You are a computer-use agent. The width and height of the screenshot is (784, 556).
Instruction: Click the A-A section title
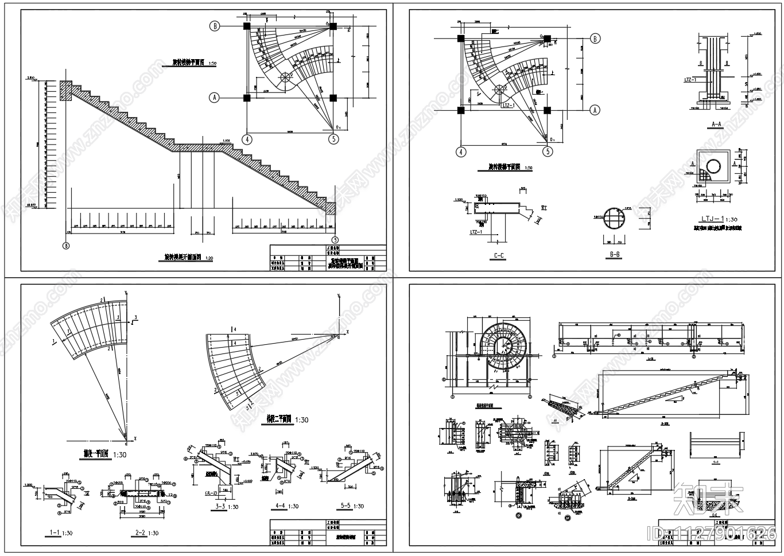(716, 124)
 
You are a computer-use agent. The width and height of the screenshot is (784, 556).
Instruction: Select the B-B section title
(615, 254)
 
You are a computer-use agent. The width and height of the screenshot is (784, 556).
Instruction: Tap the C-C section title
(499, 256)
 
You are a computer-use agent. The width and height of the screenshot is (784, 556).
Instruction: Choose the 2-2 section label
(139, 533)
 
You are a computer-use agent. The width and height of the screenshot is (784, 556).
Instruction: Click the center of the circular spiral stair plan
(506, 343)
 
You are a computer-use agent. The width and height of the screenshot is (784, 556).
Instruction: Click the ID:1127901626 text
(712, 533)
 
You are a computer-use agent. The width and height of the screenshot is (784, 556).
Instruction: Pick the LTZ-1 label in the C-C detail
(476, 232)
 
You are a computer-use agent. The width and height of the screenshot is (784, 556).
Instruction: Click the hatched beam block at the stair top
(64, 91)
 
